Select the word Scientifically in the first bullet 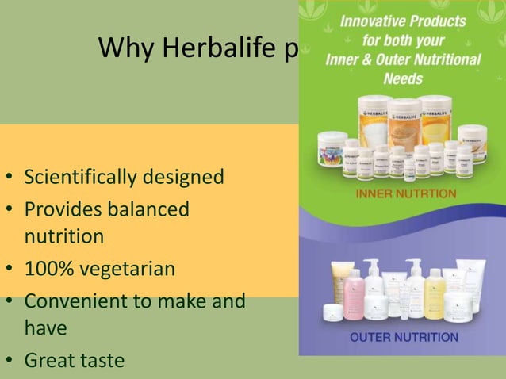82,175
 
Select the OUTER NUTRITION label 404,337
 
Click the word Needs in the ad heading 403,78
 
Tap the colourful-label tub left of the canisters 333,148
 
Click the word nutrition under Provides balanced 63,236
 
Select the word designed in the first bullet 184,175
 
